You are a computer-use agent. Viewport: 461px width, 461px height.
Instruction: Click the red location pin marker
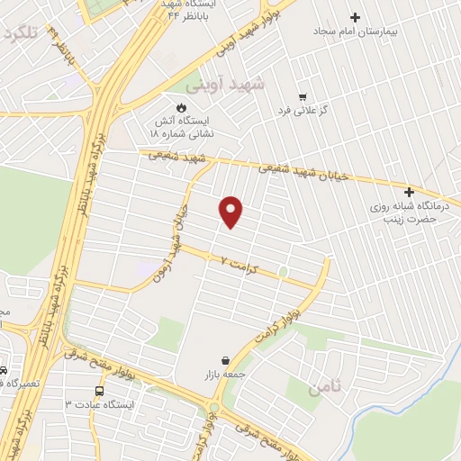[231, 211]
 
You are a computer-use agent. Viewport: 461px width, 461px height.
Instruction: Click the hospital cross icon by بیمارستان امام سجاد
[355, 16]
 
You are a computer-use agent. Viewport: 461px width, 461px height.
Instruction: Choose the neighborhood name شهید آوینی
[225, 85]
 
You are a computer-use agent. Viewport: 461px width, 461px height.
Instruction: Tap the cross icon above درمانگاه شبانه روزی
[409, 192]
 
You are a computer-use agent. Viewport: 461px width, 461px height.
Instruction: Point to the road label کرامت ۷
[236, 261]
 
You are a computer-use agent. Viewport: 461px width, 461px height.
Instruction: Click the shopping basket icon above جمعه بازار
[224, 360]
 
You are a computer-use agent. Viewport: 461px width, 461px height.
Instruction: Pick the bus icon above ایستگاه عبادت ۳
[99, 392]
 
